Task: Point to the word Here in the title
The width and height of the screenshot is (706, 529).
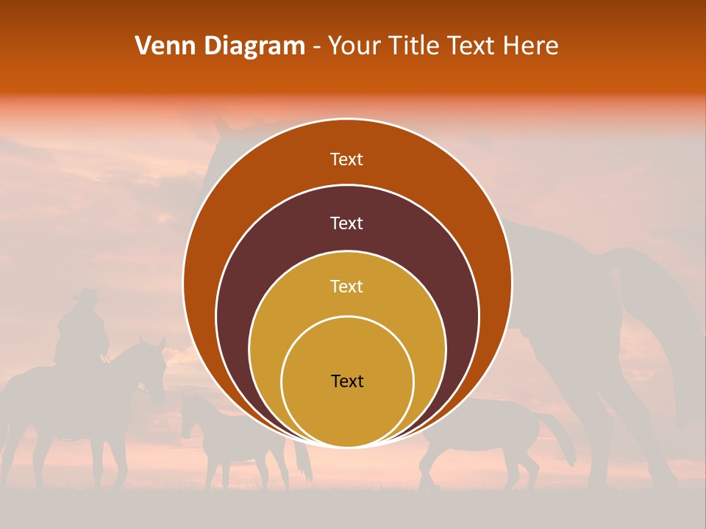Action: coord(531,46)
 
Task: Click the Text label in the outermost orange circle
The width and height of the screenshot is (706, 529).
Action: coord(347,159)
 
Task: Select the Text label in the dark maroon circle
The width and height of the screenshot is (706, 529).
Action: coord(347,223)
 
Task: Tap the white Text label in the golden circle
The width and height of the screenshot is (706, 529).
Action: coord(347,286)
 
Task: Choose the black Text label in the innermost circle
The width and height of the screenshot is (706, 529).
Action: coord(347,381)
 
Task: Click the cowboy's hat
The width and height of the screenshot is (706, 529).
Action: coord(88,295)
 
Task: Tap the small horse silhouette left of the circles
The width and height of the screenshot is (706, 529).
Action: coord(221,433)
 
